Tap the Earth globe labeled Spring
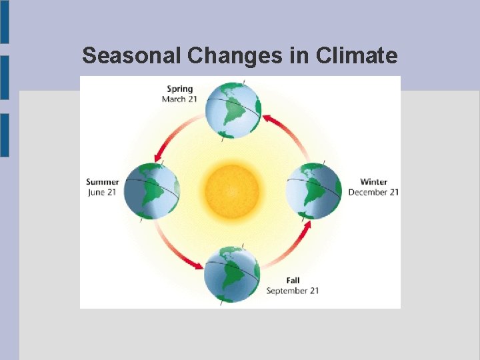tap(233, 109)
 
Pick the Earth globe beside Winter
tap(313, 191)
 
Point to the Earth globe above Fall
tap(232, 273)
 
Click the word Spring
tap(180, 89)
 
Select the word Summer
tap(103, 182)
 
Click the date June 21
tap(103, 192)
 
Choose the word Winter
tap(373, 182)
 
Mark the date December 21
tap(373, 192)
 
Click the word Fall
tap(293, 280)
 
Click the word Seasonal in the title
tap(132, 55)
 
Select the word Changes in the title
tap(235, 55)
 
